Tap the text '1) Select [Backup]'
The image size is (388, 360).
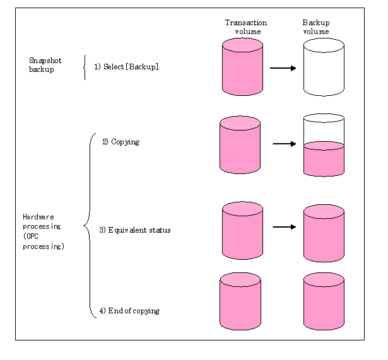[126, 66]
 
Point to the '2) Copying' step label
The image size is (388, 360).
[121, 142]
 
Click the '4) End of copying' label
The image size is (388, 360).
[129, 311]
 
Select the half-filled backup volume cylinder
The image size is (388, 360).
[324, 145]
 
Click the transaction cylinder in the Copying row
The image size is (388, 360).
[240, 144]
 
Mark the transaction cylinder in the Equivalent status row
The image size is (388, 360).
[242, 230]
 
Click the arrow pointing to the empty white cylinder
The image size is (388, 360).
[283, 67]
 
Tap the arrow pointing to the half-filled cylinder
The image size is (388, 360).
[285, 144]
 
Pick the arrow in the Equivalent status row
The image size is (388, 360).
[285, 227]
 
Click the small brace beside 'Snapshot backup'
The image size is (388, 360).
[84, 67]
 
